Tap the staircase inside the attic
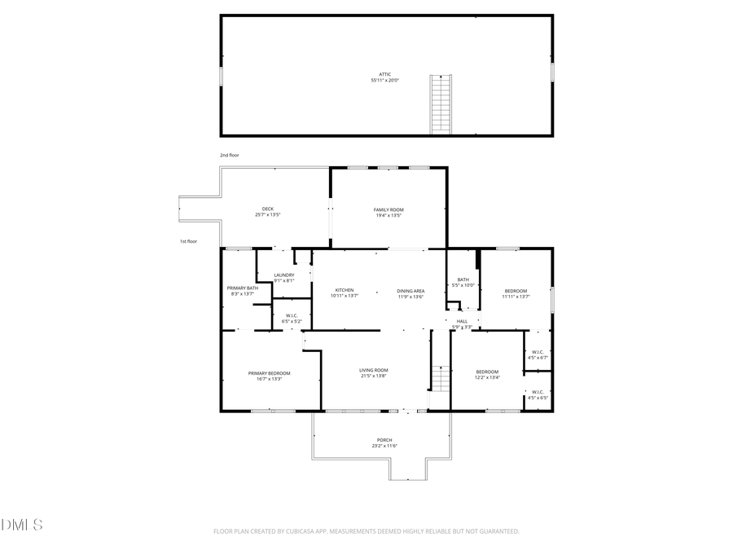click(x=441, y=103)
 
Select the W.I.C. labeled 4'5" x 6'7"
click(x=538, y=354)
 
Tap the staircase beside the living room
click(x=440, y=380)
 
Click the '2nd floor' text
click(x=229, y=155)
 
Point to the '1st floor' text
click(x=188, y=241)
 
